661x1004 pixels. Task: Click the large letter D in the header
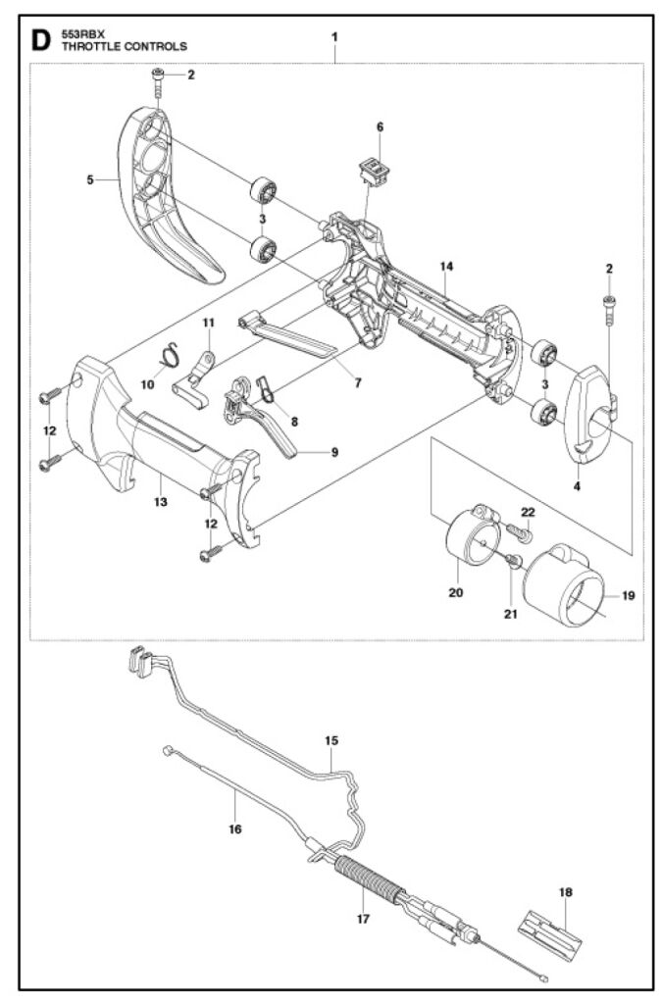click(x=40, y=40)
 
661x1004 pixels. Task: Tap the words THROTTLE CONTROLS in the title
click(x=124, y=46)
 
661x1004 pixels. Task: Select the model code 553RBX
click(x=81, y=33)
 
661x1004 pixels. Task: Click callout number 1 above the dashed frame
click(x=334, y=36)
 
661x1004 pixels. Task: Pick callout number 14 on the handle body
click(x=445, y=267)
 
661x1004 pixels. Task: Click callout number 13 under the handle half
click(x=160, y=502)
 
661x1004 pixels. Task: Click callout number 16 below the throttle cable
click(x=234, y=828)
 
